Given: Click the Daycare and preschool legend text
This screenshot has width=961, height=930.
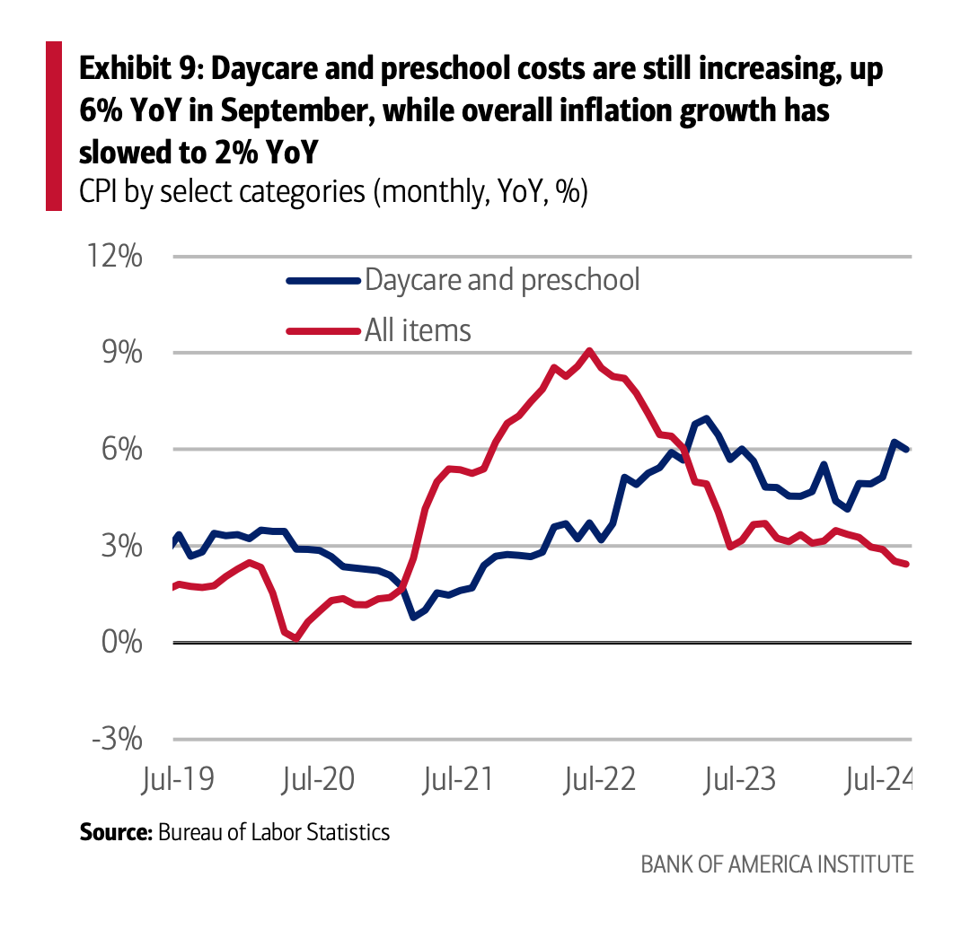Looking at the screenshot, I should pyautogui.click(x=502, y=279).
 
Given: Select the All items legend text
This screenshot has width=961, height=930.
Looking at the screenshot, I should pyautogui.click(x=418, y=330).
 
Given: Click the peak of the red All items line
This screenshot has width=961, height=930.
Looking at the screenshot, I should pyautogui.click(x=588, y=351).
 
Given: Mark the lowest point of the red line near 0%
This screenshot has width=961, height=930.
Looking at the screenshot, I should pyautogui.click(x=296, y=638).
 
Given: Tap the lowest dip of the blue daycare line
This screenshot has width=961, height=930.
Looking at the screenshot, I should pyautogui.click(x=412, y=617).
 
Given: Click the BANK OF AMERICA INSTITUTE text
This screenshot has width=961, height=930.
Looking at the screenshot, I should pyautogui.click(x=777, y=864).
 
